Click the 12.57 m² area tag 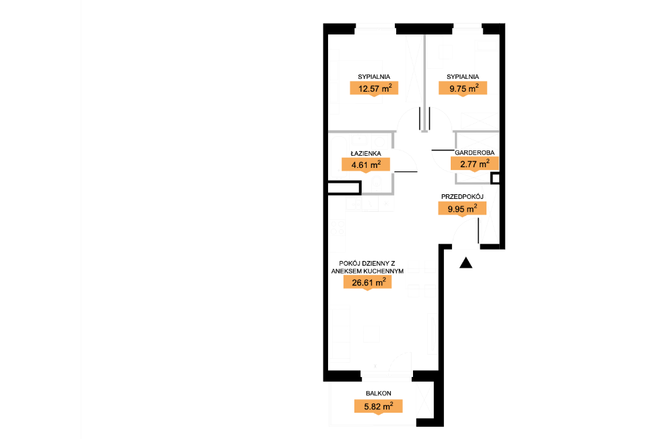tap(374, 89)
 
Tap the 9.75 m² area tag tap(463, 89)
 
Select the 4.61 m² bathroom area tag tap(366, 165)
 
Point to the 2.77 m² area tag tap(474, 164)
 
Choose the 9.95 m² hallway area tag tap(462, 209)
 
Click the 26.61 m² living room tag tap(368, 283)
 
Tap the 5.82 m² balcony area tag tap(379, 407)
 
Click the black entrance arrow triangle tap(466, 263)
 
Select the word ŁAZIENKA tap(366, 153)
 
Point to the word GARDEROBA tap(474, 152)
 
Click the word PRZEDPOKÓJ tap(462, 197)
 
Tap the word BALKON tap(379, 393)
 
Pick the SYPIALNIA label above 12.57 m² tap(374, 77)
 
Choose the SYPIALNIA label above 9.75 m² tap(463, 77)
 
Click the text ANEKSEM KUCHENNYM tap(367, 271)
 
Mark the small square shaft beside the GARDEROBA tap(495, 178)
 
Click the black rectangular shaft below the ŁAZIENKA tap(344, 188)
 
